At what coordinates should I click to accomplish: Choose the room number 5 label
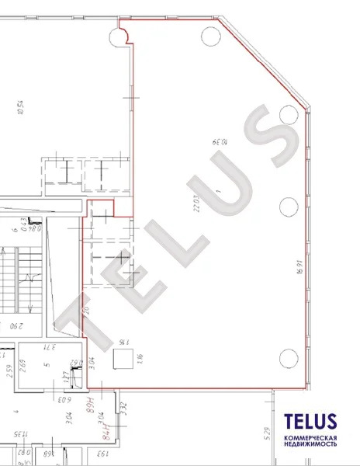point(47,365)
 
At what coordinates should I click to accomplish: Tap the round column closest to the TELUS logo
point(288,358)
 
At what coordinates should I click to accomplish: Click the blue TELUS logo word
point(310,423)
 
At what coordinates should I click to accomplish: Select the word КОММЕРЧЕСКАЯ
point(310,440)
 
